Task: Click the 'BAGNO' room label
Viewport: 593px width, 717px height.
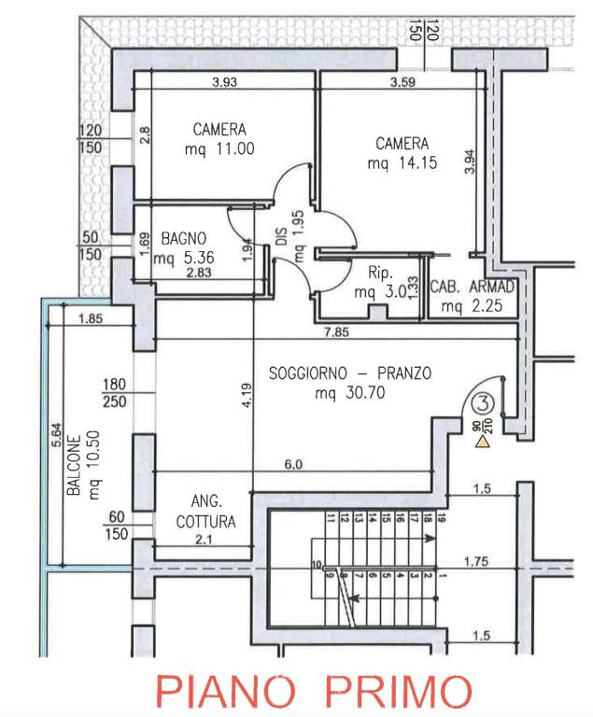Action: click(182, 238)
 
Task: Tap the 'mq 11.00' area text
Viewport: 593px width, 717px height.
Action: click(219, 148)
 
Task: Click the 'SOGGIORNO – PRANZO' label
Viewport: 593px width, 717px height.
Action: click(349, 373)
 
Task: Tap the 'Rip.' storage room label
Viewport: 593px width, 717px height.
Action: click(378, 273)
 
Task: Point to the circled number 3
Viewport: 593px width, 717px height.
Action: click(482, 404)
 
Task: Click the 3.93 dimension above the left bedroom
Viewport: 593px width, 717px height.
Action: click(225, 81)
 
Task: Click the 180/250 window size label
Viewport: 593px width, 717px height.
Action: click(115, 392)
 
